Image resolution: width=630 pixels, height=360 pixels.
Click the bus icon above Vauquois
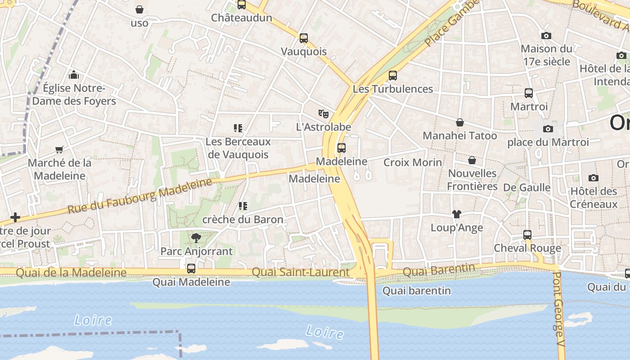pos(304,38)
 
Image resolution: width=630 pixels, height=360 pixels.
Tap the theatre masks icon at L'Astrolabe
pos(323,114)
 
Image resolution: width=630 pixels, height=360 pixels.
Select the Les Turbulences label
pos(392,89)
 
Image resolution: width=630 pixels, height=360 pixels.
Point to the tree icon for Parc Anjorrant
pos(196,238)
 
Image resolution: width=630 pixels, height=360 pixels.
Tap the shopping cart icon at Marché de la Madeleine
pos(59,149)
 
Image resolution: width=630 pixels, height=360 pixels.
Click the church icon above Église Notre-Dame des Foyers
pos(74,75)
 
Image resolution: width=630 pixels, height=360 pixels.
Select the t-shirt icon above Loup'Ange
pos(457,214)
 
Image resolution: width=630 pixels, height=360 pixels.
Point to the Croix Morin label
pos(413,162)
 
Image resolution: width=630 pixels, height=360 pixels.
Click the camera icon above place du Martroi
pos(548,129)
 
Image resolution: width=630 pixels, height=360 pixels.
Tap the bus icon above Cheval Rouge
pos(527,234)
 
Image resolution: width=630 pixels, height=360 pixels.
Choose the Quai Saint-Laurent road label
pos(300,272)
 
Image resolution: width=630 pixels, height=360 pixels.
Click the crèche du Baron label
pos(243,220)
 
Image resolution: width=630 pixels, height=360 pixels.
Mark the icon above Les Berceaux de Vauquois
pos(238,128)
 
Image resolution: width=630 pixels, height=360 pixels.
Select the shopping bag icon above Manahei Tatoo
pos(460,122)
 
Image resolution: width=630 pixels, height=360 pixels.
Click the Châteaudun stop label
pos(242,18)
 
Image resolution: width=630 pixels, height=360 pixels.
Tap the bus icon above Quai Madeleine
pos(191,269)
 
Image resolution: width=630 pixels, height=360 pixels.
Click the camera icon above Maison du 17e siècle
pos(546,36)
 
